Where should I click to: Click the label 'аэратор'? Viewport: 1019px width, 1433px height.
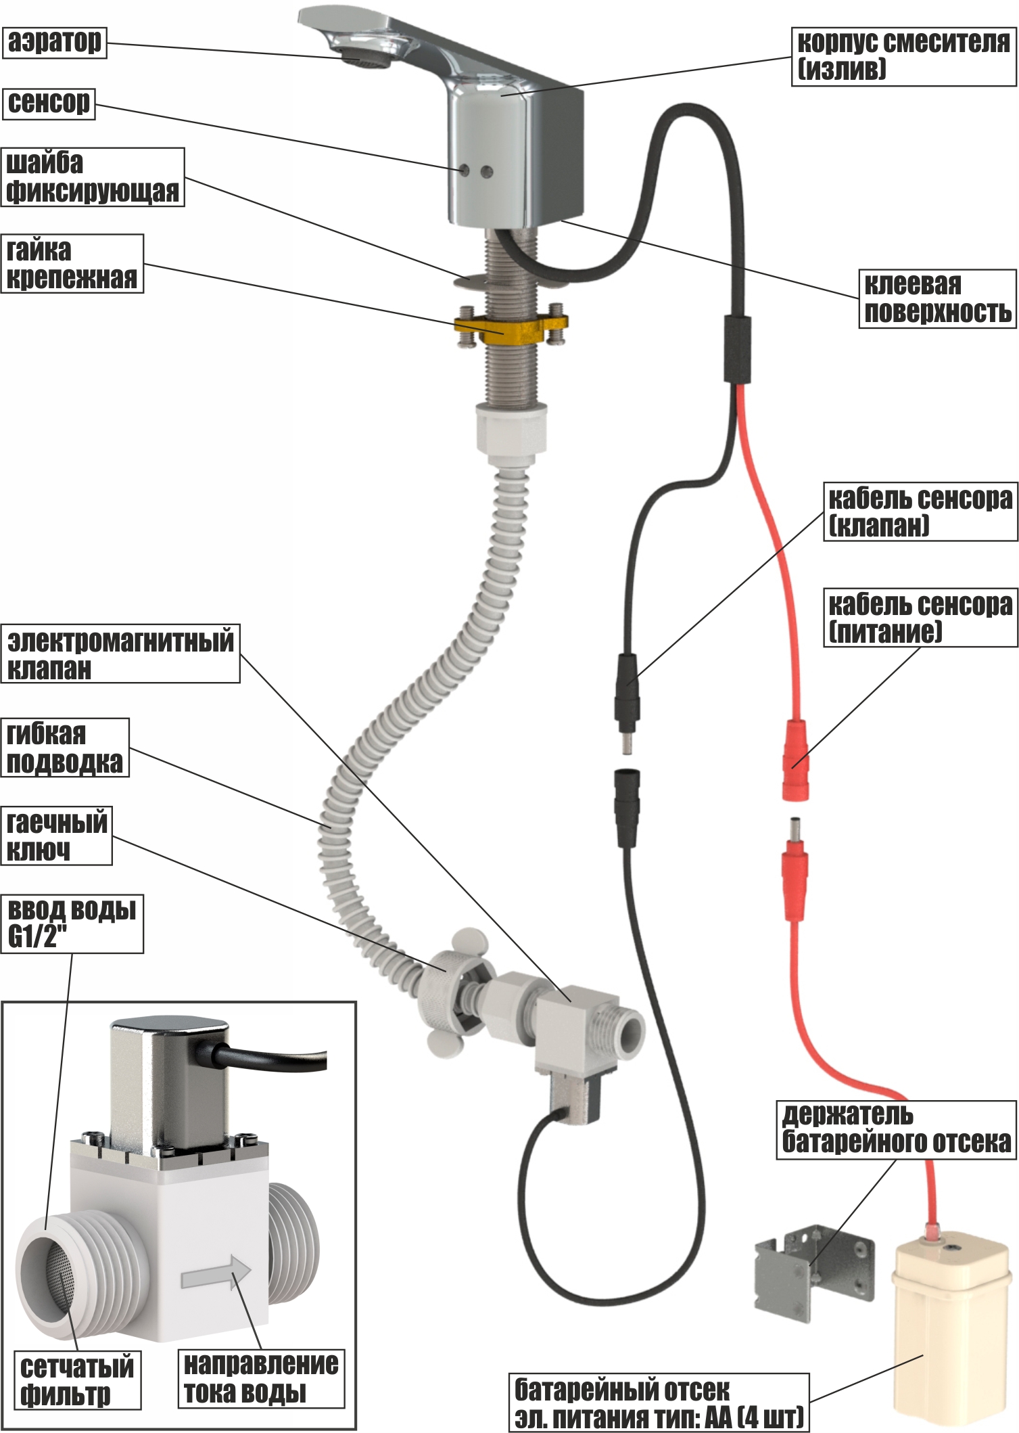(x=55, y=43)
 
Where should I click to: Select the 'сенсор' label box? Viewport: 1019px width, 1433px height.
(x=49, y=104)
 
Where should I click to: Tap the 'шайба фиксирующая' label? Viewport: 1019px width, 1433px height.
(x=93, y=177)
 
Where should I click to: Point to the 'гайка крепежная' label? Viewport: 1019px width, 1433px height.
(x=72, y=264)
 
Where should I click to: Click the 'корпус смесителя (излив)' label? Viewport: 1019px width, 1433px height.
(x=903, y=56)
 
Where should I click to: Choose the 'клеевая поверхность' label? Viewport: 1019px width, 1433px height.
(x=937, y=299)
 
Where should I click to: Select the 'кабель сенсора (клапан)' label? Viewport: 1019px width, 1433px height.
(x=920, y=511)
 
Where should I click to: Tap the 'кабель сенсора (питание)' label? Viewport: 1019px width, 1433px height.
(x=920, y=618)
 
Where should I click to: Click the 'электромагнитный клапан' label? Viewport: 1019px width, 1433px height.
(x=120, y=654)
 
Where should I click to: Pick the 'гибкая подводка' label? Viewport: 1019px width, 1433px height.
(x=65, y=748)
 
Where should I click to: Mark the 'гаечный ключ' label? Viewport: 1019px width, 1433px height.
(x=57, y=836)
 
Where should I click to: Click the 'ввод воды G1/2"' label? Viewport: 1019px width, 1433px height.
(x=72, y=924)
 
